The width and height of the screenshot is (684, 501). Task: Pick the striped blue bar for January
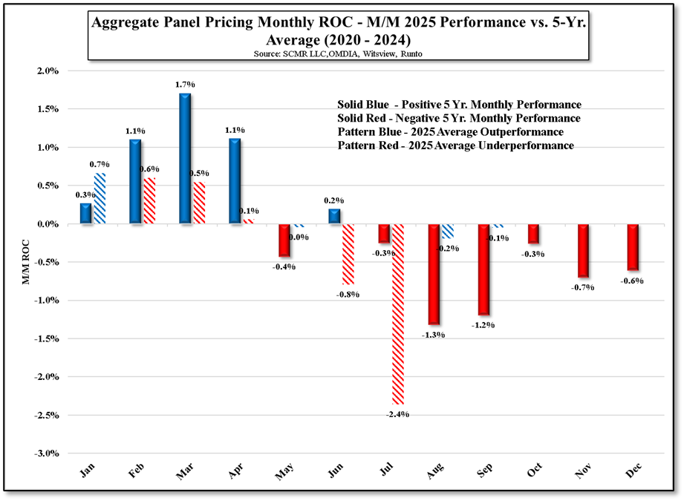click(x=100, y=199)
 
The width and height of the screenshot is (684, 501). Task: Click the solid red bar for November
click(x=583, y=250)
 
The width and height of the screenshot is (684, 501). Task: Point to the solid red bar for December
click(x=633, y=246)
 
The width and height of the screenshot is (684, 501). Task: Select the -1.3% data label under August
click(x=433, y=335)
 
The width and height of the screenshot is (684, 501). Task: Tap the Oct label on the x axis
click(x=534, y=470)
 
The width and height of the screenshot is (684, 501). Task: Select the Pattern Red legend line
click(x=455, y=146)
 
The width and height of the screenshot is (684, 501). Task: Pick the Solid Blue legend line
click(x=459, y=105)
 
